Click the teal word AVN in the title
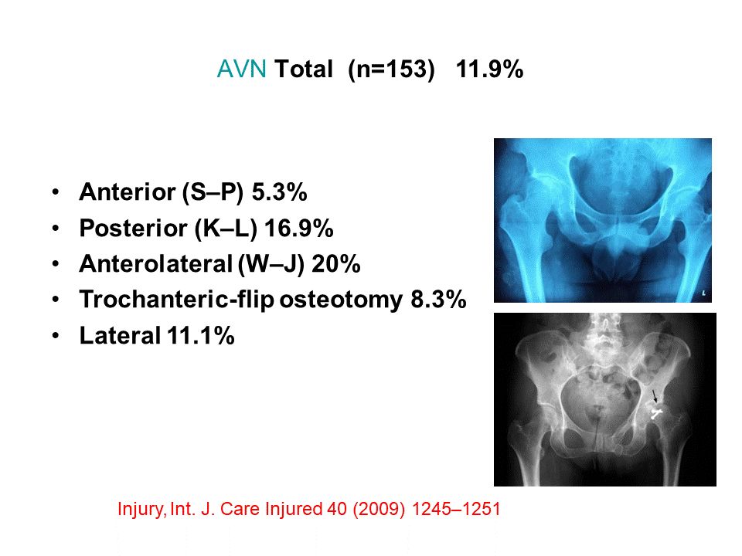(241, 69)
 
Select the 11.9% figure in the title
(489, 69)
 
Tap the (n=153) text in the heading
(391, 69)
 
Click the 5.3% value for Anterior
(279, 192)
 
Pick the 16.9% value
(298, 228)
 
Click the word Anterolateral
(156, 264)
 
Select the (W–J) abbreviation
(271, 264)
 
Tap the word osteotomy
(341, 300)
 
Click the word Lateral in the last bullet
(121, 336)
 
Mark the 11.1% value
(201, 336)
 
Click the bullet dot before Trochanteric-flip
(56, 300)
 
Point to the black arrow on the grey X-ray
(655, 397)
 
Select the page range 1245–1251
(456, 509)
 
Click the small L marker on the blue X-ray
(703, 294)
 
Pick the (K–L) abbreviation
(226, 229)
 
